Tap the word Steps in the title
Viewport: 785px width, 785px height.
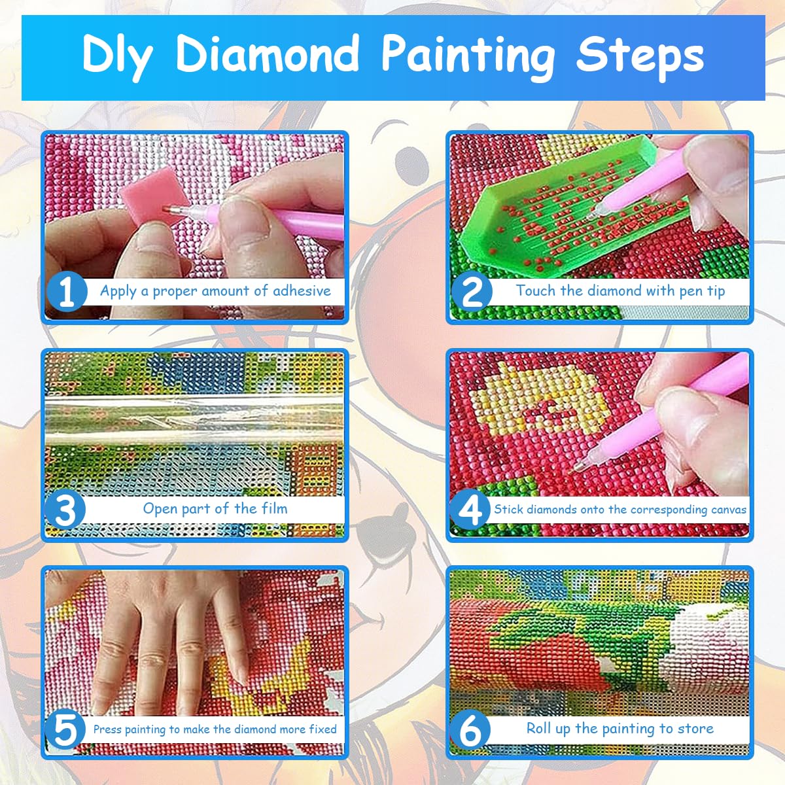point(639,55)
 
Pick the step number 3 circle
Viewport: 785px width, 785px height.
point(65,510)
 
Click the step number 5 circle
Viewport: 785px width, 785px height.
point(65,730)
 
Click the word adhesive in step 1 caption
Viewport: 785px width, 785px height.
point(302,290)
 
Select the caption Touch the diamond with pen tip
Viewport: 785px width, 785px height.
point(620,290)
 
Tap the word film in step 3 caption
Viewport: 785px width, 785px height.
point(274,508)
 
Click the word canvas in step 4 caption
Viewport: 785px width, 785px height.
point(728,509)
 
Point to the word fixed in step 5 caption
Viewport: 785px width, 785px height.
point(323,729)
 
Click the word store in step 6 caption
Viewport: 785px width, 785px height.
point(695,728)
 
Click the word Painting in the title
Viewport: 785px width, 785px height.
point(468,55)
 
